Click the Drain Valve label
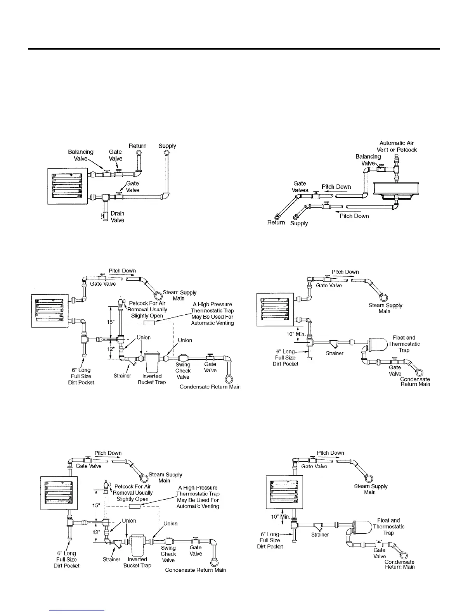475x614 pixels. coord(117,217)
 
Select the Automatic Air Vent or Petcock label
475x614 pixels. coord(397,147)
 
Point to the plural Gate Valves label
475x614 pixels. coord(300,187)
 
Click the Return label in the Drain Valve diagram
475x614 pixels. coord(138,146)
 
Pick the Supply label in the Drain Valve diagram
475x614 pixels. coord(167,146)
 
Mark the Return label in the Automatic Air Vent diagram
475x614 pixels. coord(276,222)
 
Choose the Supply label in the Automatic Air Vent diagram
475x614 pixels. coord(299,223)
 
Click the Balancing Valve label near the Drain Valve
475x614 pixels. coord(81,155)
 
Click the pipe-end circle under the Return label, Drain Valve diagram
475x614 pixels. coord(139,153)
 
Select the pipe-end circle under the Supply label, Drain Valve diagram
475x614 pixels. coord(166,153)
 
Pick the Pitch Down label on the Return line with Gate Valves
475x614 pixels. coord(336,187)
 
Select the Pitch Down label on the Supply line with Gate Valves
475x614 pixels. coord(354,216)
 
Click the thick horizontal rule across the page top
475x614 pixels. coord(234,49)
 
